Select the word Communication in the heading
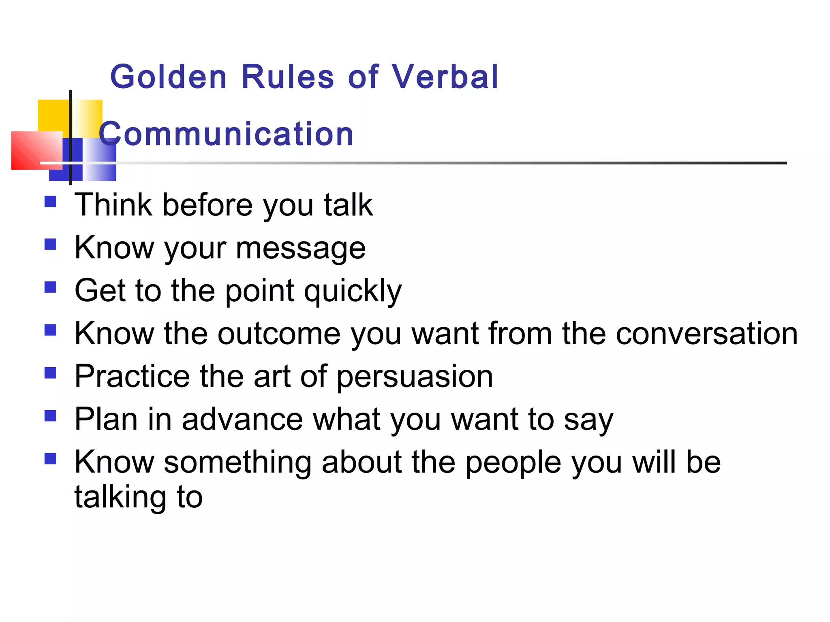click(x=226, y=134)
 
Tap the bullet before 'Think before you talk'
click(x=50, y=202)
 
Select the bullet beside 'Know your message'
click(x=50, y=245)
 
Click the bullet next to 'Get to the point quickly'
click(x=50, y=288)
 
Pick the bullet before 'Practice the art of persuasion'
click(x=50, y=373)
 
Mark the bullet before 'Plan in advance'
click(x=50, y=416)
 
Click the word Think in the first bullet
click(x=113, y=205)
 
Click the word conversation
click(x=706, y=334)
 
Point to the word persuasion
click(x=415, y=377)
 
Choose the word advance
click(x=242, y=420)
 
